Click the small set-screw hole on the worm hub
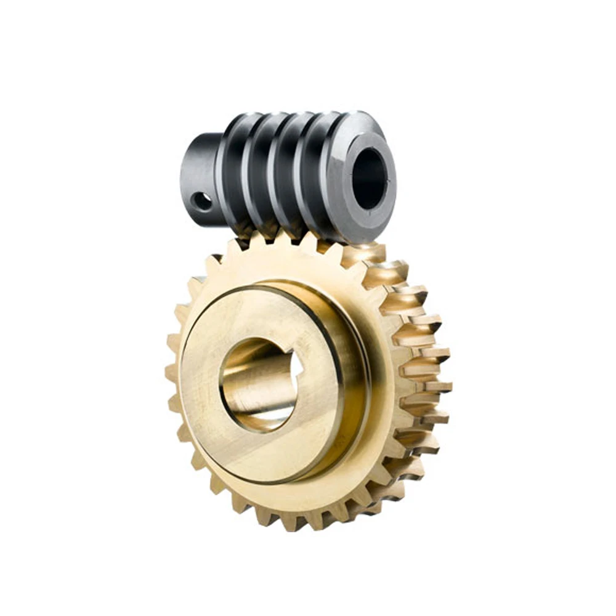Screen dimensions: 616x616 point(201,201)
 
